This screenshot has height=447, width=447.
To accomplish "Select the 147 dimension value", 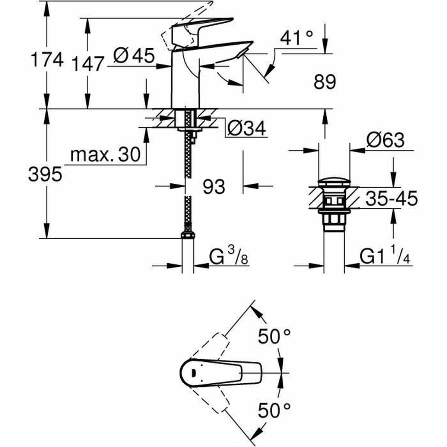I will coord(87,64).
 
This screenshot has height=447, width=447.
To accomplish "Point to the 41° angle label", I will coord(297,38).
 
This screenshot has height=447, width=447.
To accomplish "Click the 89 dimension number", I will coord(324,82).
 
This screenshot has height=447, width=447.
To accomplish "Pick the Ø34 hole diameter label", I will coord(246,129).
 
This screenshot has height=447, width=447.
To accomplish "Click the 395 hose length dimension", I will coord(45,174).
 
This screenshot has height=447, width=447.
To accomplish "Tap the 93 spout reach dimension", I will coord(214,186).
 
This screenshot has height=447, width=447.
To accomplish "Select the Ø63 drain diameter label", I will coord(385,140).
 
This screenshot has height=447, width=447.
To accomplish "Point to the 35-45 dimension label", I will coord(391,199).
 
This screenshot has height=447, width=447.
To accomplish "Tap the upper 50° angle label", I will coord(275,337).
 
